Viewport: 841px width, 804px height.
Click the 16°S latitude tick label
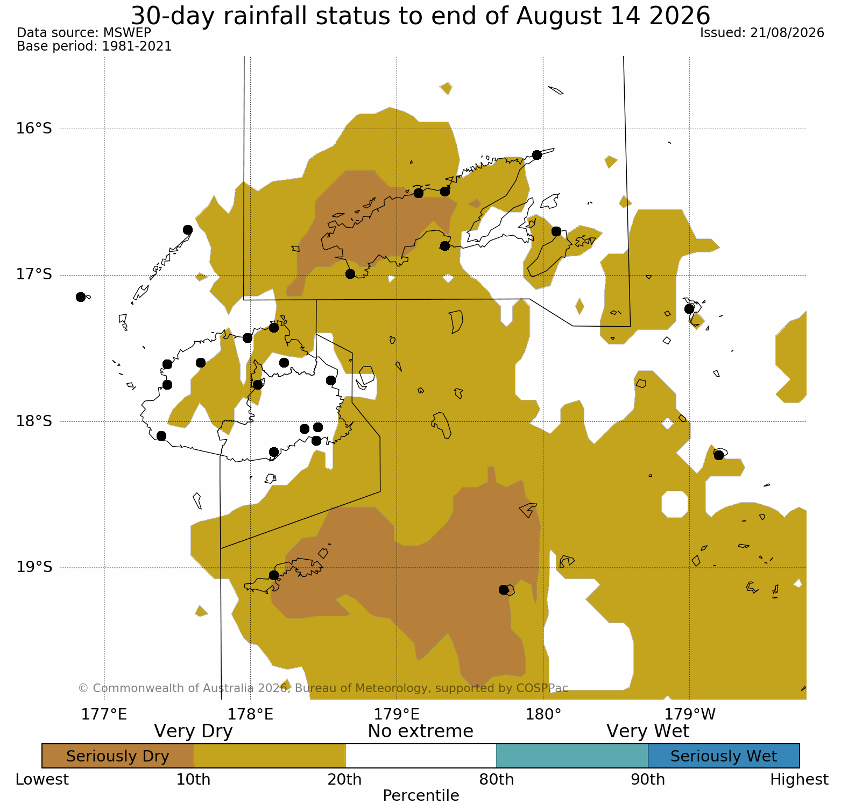[34, 129]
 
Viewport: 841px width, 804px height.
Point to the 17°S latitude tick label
[34, 275]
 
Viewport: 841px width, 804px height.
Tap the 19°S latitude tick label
[34, 567]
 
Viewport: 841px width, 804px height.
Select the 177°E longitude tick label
[104, 715]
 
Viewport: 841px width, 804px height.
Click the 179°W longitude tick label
[690, 715]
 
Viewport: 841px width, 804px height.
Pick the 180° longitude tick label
[543, 715]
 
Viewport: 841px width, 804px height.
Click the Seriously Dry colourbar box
[118, 756]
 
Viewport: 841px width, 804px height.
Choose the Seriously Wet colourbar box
[724, 756]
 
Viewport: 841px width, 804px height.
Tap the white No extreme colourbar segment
[421, 756]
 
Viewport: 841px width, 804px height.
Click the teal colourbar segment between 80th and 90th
[573, 756]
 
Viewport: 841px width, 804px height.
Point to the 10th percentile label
[194, 780]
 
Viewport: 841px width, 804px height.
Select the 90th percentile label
[648, 780]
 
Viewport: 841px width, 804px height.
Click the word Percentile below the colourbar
[421, 795]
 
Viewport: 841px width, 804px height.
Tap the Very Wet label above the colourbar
[648, 731]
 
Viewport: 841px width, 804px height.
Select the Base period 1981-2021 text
[94, 46]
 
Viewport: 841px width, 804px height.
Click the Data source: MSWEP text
[84, 33]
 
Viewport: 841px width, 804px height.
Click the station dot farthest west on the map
[81, 297]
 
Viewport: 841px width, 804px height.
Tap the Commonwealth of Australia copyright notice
[323, 688]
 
